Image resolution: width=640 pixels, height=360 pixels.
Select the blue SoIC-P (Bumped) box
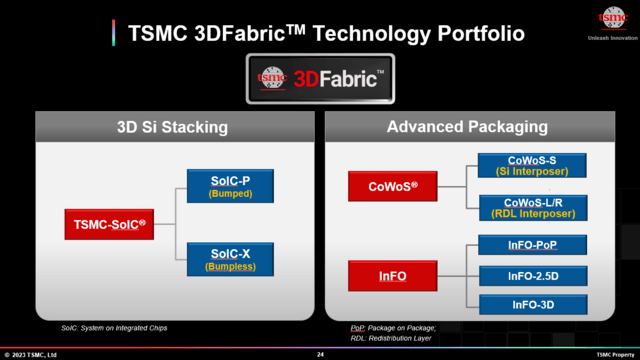[x=230, y=187]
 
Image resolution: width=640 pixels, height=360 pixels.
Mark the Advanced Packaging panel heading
[x=466, y=127]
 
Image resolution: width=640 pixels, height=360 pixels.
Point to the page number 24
[x=320, y=354]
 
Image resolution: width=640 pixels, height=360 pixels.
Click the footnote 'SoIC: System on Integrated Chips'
[x=112, y=327]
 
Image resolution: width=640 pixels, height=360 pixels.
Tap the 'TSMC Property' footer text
[x=615, y=354]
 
